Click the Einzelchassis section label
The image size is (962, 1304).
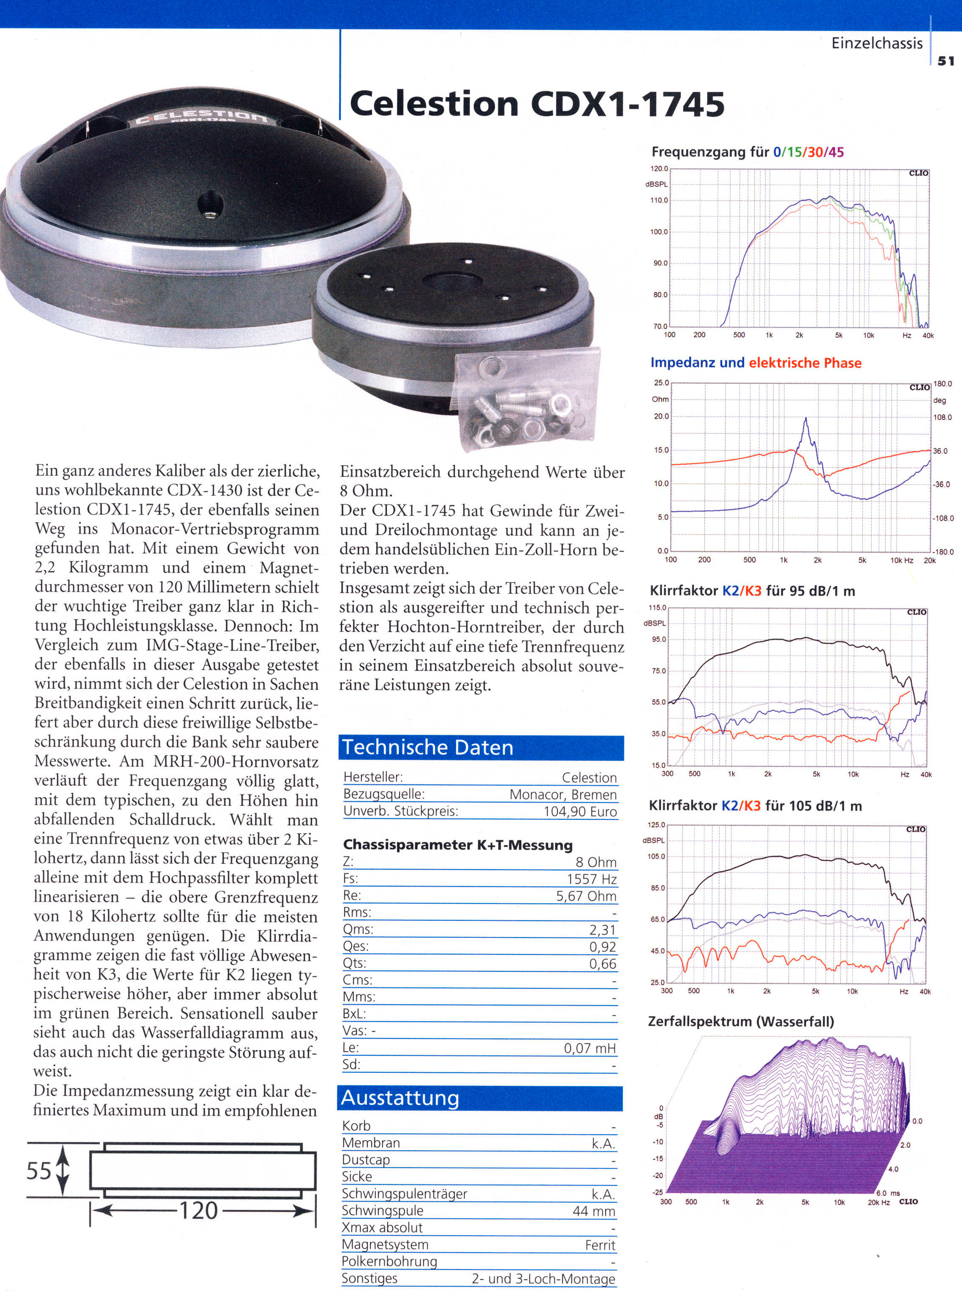pyautogui.click(x=877, y=43)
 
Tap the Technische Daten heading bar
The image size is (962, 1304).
pyautogui.click(x=481, y=748)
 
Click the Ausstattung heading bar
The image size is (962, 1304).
pyautogui.click(x=480, y=1098)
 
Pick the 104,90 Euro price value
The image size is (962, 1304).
pyautogui.click(x=580, y=811)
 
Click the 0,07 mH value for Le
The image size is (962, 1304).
pyautogui.click(x=590, y=1049)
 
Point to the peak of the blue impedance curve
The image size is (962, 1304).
pyautogui.click(x=806, y=419)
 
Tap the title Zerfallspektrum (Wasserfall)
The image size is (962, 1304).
pyautogui.click(x=741, y=1021)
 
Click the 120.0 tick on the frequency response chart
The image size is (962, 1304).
pyautogui.click(x=660, y=169)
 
